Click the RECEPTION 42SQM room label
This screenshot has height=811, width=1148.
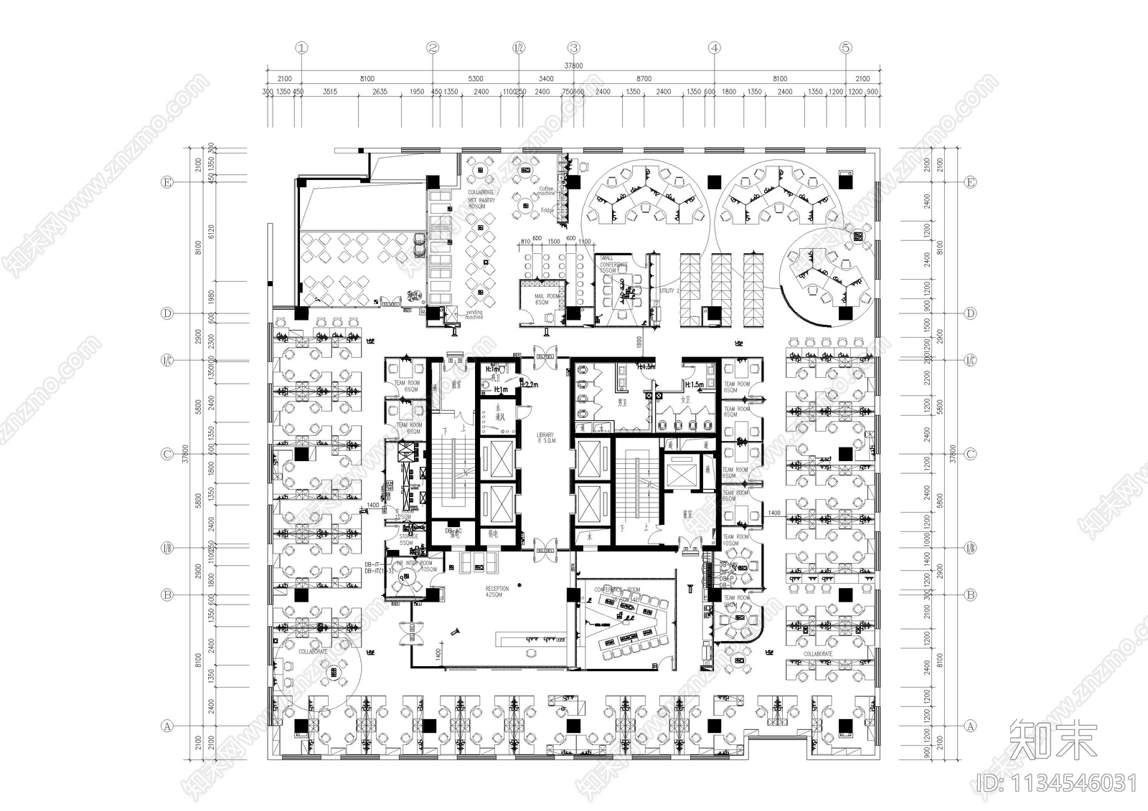pyautogui.click(x=497, y=592)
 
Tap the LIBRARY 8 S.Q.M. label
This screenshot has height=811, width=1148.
pyautogui.click(x=545, y=437)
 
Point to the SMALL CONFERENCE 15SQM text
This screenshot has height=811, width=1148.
pyautogui.click(x=613, y=264)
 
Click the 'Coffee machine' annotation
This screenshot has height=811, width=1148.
pyautogui.click(x=546, y=191)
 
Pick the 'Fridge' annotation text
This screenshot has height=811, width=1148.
pyautogui.click(x=547, y=210)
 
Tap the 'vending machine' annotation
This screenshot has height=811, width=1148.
pyautogui.click(x=474, y=314)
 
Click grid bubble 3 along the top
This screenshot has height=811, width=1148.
pyautogui.click(x=573, y=48)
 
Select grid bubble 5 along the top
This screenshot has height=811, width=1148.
pyautogui.click(x=846, y=48)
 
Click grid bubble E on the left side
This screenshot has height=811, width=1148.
pyautogui.click(x=167, y=183)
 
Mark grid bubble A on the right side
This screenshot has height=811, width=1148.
pyautogui.click(x=971, y=726)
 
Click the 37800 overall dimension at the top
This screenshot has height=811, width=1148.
pyautogui.click(x=573, y=65)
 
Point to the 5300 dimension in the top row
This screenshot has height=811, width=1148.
pyautogui.click(x=475, y=78)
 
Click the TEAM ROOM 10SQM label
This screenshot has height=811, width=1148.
pyautogui.click(x=735, y=539)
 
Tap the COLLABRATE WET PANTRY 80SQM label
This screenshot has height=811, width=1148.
pyautogui.click(x=481, y=199)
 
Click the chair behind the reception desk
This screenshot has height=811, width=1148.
pyautogui.click(x=532, y=652)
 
